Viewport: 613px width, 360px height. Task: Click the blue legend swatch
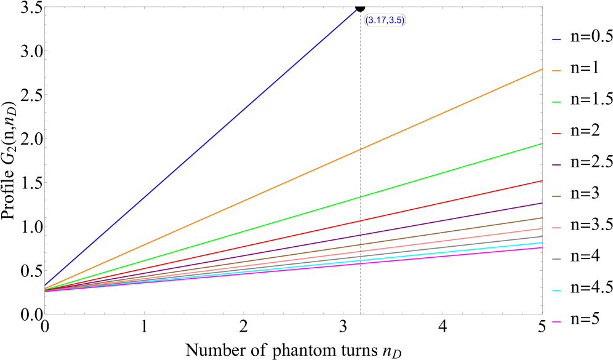(556, 39)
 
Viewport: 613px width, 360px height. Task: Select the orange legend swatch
(556, 71)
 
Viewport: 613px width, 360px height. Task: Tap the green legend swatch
(556, 102)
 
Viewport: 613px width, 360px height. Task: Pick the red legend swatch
(556, 134)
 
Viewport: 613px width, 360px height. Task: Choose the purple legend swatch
(556, 165)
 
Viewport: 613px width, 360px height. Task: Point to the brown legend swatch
(556, 196)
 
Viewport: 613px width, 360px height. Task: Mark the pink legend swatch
(556, 228)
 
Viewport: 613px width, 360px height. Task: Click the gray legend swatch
(556, 259)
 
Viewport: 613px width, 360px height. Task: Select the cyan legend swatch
(556, 290)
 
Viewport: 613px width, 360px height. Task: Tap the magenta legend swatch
(556, 322)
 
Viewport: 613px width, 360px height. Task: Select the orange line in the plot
(449, 110)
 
